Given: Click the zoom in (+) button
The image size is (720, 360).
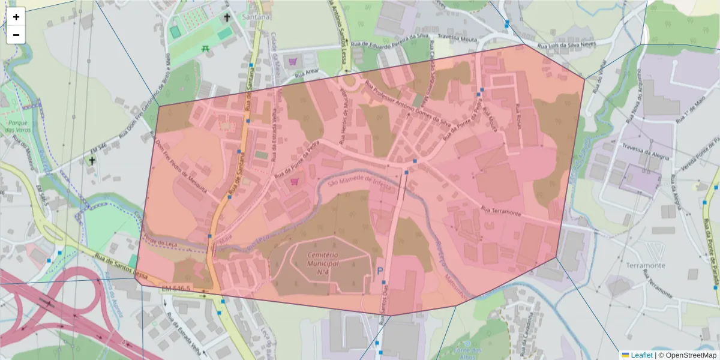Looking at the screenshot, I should click(16, 17).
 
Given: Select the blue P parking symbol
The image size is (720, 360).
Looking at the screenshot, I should click(380, 272).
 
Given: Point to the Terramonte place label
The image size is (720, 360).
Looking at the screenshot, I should click(646, 265).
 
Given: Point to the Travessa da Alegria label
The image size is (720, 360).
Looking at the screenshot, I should click(646, 149).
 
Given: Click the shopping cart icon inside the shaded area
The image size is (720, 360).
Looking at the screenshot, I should click(295, 181).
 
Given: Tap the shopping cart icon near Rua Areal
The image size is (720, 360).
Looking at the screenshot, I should click(293, 61).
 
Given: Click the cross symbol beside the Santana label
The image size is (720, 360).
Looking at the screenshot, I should click(227, 17).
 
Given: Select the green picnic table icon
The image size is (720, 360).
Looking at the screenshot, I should click(205, 48).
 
